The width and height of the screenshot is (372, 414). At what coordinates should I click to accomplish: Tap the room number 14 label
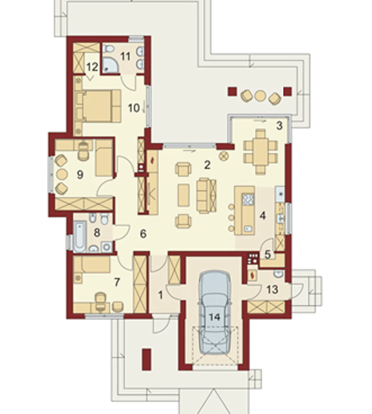tap(214, 317)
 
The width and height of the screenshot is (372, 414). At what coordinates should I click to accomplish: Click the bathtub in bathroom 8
tap(80, 237)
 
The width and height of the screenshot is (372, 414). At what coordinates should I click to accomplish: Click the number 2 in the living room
tap(207, 165)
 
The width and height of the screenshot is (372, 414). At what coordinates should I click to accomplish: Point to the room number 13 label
tap(272, 289)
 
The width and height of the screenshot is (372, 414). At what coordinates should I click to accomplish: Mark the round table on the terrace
tap(260, 95)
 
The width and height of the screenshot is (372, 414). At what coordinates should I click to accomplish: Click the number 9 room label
tap(80, 175)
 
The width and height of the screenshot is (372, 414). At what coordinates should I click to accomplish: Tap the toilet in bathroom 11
tap(109, 49)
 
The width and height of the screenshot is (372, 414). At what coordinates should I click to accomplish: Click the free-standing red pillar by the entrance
tap(146, 360)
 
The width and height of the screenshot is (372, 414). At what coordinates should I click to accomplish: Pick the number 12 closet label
tap(92, 67)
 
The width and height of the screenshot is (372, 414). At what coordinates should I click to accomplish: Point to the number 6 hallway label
tap(143, 234)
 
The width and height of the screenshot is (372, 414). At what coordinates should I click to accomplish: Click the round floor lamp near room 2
tap(224, 156)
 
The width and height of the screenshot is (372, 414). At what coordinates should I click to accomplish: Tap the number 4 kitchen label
tap(262, 216)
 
